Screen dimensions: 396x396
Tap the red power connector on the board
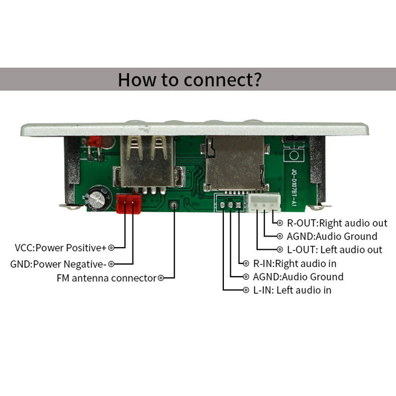pyautogui.click(x=129, y=203)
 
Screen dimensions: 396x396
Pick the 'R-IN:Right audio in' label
pyautogui.click(x=295, y=263)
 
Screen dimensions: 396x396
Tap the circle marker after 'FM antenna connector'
pyautogui.click(x=161, y=278)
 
